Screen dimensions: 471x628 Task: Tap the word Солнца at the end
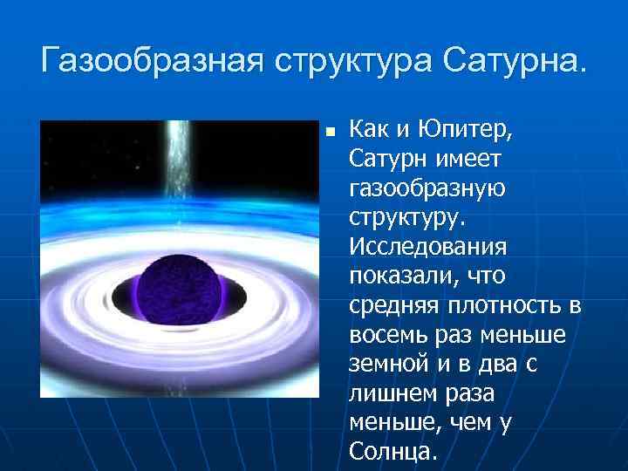pos(390,452)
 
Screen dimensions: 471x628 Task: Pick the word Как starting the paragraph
pos(367,131)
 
